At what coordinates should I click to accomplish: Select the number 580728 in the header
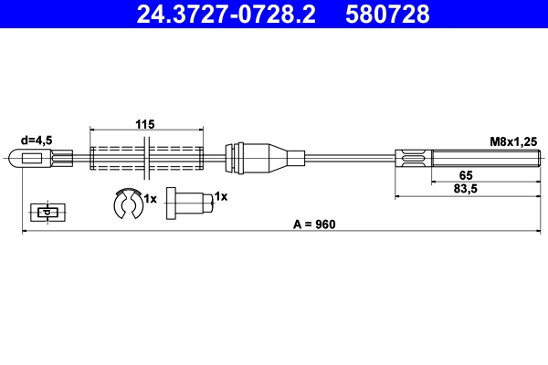pos(386,14)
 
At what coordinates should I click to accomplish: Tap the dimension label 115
pos(145,124)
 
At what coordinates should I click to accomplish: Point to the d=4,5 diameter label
pos(37,141)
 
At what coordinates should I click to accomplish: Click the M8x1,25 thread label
pos(511,141)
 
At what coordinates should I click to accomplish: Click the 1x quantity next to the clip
pos(151,198)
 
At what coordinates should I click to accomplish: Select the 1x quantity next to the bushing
pos(220,196)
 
